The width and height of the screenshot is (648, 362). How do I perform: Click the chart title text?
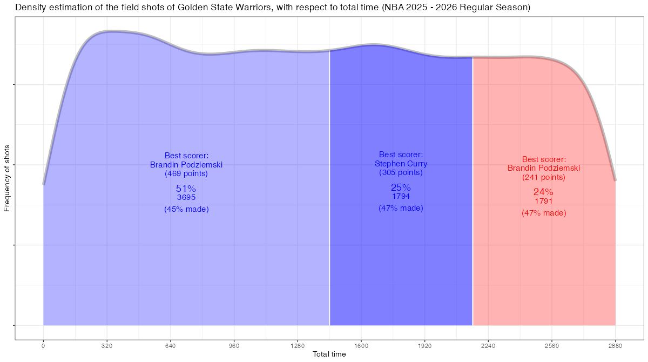[273, 8]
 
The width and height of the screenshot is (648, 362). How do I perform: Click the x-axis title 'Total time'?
[329, 354]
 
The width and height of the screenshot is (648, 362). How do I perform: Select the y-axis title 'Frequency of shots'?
[7, 178]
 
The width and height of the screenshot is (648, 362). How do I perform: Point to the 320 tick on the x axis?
[107, 345]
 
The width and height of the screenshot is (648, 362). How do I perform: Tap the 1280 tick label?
[298, 345]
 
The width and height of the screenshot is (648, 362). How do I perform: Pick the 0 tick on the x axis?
[43, 345]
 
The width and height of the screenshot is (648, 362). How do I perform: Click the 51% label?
[186, 189]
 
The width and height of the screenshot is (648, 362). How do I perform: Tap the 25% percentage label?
[401, 187]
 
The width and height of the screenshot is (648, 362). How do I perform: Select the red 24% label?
[543, 192]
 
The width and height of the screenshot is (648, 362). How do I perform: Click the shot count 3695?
[186, 198]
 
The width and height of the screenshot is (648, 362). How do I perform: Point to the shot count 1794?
[401, 197]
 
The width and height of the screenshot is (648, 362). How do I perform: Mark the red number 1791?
[543, 201]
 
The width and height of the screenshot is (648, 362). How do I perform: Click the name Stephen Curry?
[401, 164]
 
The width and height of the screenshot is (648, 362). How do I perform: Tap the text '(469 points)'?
[186, 174]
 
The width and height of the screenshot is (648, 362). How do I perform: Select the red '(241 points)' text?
[543, 177]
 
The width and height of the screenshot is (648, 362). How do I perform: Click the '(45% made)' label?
[186, 209]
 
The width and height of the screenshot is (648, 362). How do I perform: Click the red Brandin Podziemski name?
[543, 168]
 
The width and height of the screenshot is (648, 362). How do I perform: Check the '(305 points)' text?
[401, 173]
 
